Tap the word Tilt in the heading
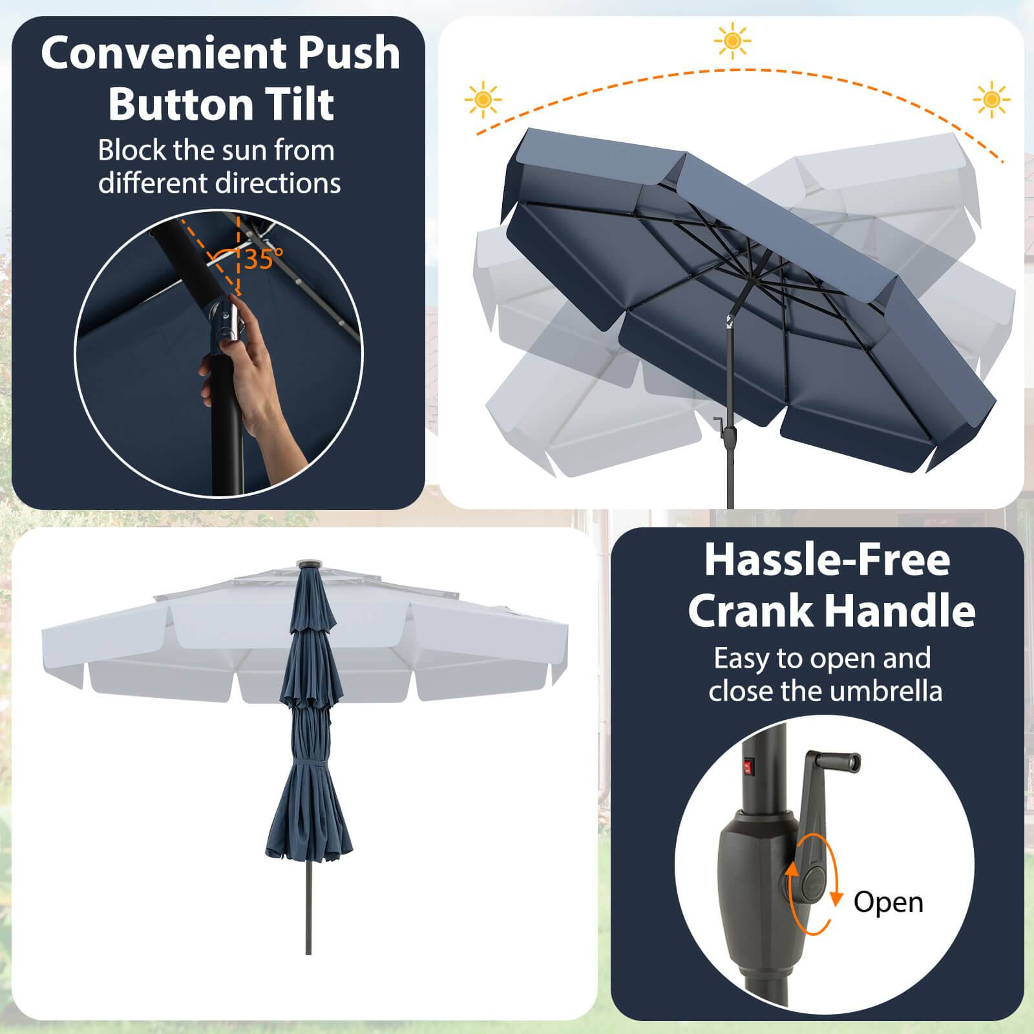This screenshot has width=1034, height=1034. point(301,103)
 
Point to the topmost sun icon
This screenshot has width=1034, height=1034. point(732,41)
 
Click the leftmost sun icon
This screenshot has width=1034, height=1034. point(483,100)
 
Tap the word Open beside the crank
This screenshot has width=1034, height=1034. point(888,902)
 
